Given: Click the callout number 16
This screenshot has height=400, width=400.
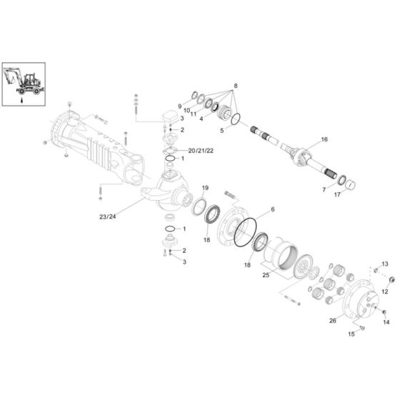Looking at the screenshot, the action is pyautogui.click(x=324, y=139).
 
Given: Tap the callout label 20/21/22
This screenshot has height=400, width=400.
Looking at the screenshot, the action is pyautogui.click(x=201, y=151).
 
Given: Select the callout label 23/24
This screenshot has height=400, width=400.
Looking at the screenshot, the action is pyautogui.click(x=107, y=217).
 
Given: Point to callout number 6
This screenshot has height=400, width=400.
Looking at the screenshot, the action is pyautogui.click(x=273, y=209).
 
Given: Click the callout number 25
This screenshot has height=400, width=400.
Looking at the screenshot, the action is pyautogui.click(x=266, y=275).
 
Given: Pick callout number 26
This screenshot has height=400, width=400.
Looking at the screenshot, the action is pyautogui.click(x=333, y=321).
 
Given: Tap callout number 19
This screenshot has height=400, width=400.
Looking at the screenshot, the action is pyautogui.click(x=205, y=188).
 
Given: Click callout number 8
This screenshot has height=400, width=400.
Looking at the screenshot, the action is pyautogui.click(x=236, y=86).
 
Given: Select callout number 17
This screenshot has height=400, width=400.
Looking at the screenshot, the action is pyautogui.click(x=337, y=194).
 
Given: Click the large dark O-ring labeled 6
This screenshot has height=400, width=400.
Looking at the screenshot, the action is pyautogui.click(x=245, y=232).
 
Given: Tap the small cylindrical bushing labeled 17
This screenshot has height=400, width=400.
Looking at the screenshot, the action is pyautogui.click(x=351, y=185).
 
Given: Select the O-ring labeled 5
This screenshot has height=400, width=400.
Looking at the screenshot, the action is pyautogui.click(x=236, y=119).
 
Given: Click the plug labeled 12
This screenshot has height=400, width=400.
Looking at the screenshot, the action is pyautogui.click(x=392, y=279).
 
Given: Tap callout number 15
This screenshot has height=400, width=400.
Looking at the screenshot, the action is pyautogui.click(x=351, y=334).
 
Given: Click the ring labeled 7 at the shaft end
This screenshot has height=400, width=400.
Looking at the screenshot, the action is pyautogui.click(x=342, y=180).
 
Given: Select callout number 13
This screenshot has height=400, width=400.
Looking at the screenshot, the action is pyautogui.click(x=385, y=264).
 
